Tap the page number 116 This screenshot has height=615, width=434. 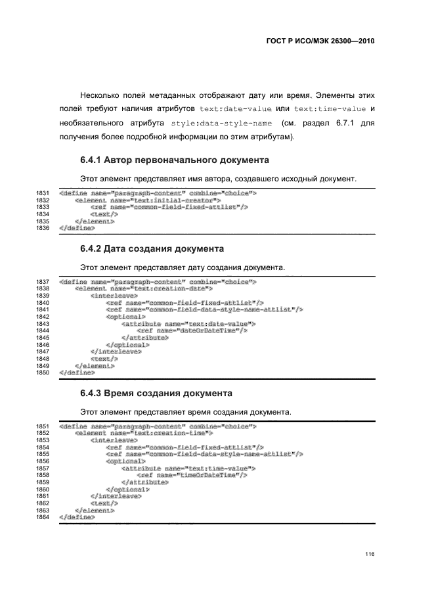click(370, 555)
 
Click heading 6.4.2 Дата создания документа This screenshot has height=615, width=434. click(152, 249)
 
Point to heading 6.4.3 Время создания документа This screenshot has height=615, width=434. click(156, 394)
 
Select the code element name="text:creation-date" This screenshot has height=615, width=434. click(144, 288)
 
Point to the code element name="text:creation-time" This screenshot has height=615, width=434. click(144, 433)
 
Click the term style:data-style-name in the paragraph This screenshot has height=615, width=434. click(220, 123)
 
